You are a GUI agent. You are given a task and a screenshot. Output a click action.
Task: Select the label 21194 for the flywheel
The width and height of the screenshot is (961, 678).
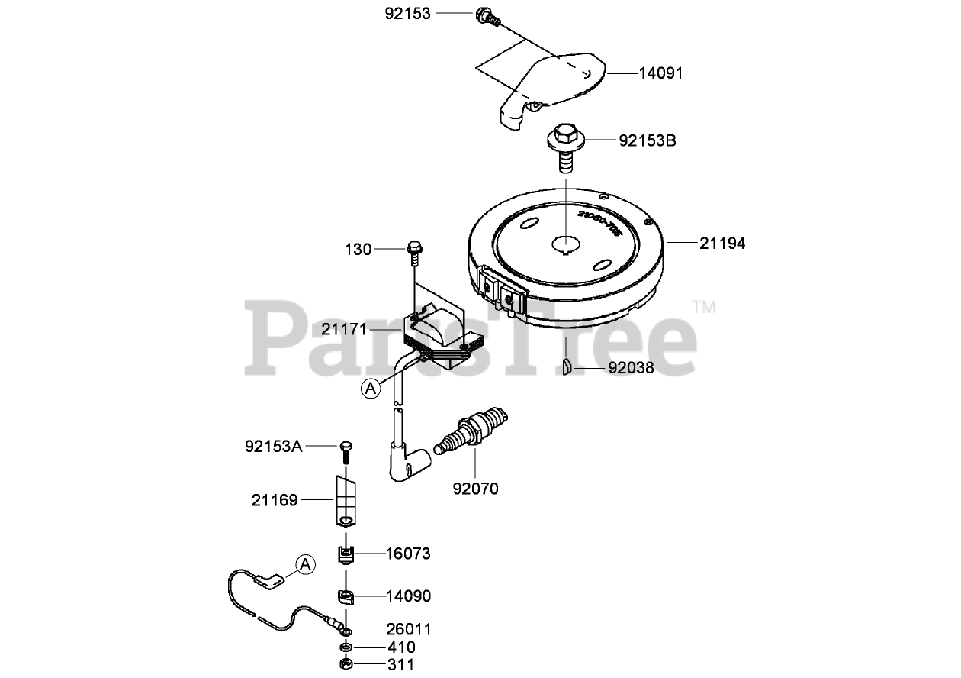click(x=722, y=244)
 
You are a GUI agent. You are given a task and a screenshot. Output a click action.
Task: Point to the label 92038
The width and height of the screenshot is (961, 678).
click(x=631, y=368)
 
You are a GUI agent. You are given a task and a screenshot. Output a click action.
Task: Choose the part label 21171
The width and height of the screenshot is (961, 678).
click(x=344, y=329)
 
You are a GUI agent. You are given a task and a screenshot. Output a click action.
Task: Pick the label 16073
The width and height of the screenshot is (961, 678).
click(x=408, y=554)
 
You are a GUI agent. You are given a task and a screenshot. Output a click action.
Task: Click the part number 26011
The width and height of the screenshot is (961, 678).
click(x=408, y=630)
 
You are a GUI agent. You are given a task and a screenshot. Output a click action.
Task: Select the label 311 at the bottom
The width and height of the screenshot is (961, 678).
click(x=401, y=664)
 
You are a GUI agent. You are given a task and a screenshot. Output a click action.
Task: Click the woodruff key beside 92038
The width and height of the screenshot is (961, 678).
click(x=567, y=366)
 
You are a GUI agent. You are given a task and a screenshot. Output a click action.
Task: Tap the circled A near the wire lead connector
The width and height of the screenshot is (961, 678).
click(x=304, y=565)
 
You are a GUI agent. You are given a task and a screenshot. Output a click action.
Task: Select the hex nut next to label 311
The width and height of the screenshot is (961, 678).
click(x=346, y=663)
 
